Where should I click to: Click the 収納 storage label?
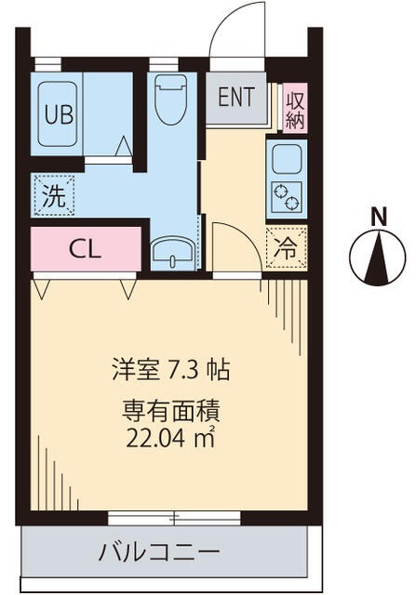point(296,109)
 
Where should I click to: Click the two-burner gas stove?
point(284,198)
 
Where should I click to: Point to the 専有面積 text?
point(171,409)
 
